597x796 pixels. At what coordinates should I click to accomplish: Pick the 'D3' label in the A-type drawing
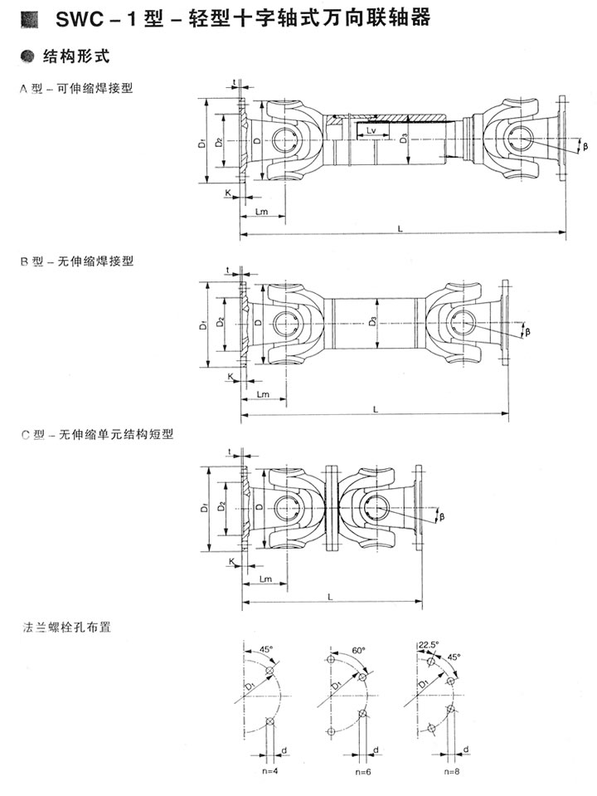click(x=402, y=140)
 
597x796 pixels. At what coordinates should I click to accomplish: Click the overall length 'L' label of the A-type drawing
click(x=401, y=228)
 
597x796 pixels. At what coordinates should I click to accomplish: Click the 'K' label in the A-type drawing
click(x=228, y=193)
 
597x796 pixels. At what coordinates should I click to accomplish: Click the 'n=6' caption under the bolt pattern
click(x=362, y=772)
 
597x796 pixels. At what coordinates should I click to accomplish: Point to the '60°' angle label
click(x=358, y=652)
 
